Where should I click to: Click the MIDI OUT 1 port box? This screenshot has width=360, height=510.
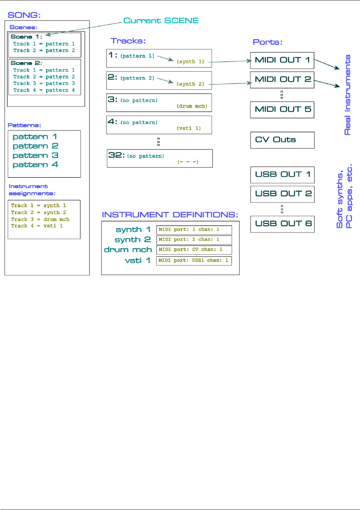tap(282, 60)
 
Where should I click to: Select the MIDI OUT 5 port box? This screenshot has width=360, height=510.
tap(282, 110)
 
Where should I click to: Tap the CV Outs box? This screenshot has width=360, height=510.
tap(282, 140)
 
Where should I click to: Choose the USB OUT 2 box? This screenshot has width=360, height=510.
tap(282, 194)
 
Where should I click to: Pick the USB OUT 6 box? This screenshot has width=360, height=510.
tap(282, 224)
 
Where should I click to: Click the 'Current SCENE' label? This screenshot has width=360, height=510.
tap(161, 21)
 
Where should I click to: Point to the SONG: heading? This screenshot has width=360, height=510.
tap(24, 15)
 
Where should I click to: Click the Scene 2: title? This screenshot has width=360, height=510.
tap(26, 63)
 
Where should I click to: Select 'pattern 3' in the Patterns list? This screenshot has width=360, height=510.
tap(35, 156)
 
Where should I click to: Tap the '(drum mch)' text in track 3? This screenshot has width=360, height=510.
tap(192, 106)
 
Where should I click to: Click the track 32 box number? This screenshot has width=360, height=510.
tap(116, 155)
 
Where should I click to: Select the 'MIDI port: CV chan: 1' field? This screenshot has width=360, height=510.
tap(194, 250)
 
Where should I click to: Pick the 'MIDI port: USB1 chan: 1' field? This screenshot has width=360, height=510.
tap(194, 261)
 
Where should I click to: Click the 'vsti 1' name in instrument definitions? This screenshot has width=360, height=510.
tap(138, 261)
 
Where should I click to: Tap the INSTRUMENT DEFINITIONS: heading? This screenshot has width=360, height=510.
tap(170, 215)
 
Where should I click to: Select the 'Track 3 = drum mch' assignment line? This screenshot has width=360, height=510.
tap(40, 219)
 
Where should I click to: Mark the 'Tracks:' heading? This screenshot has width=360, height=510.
tap(128, 41)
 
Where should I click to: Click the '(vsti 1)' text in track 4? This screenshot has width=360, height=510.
tap(189, 128)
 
